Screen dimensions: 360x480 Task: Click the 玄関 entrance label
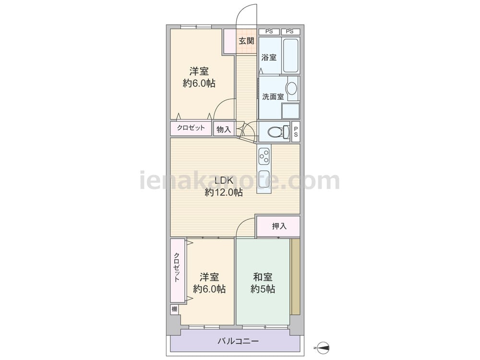click(247, 41)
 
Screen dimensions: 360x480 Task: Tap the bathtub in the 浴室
click(290, 55)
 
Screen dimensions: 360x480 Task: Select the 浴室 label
click(269, 58)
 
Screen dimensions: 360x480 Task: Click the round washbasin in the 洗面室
click(291, 88)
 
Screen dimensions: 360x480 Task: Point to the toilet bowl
click(276, 131)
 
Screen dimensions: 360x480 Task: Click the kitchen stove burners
click(264, 155)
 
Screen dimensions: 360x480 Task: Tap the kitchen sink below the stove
click(264, 175)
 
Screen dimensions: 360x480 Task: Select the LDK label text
click(224, 180)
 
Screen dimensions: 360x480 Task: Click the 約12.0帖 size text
click(224, 192)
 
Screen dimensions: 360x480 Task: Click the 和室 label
click(263, 277)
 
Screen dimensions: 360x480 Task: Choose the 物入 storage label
click(224, 129)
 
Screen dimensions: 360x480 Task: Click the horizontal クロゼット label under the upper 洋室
click(191, 128)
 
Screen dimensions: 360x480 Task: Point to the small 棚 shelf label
click(174, 309)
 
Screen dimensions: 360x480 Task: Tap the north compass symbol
click(322, 346)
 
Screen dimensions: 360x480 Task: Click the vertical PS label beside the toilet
click(296, 131)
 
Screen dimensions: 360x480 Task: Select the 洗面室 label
click(273, 96)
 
